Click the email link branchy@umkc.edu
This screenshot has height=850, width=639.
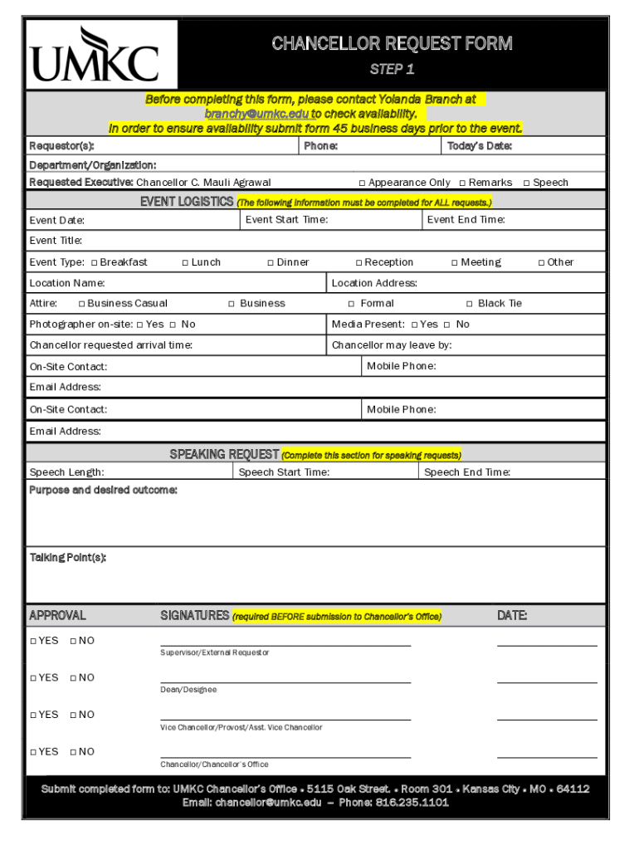click(257, 114)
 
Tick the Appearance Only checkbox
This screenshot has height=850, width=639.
click(362, 183)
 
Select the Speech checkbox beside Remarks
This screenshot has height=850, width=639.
click(526, 183)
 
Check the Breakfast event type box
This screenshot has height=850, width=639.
click(94, 263)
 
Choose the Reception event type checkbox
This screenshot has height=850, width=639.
click(359, 263)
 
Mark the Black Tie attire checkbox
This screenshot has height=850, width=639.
click(470, 304)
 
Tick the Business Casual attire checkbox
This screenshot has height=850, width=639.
click(81, 304)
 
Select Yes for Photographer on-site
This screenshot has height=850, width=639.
click(139, 325)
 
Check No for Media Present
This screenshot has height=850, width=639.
click(446, 325)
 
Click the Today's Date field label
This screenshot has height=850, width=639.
click(479, 147)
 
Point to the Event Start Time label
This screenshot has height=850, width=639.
click(286, 220)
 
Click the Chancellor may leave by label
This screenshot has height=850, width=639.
click(391, 345)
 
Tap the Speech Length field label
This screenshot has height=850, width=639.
click(66, 472)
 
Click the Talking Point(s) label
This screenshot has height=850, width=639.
click(67, 558)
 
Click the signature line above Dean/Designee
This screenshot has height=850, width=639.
click(285, 682)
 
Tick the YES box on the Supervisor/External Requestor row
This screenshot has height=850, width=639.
click(33, 641)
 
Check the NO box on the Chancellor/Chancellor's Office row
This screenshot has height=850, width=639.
click(73, 752)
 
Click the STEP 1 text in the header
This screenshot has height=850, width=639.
click(392, 69)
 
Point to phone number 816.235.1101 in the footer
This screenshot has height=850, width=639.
click(412, 803)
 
